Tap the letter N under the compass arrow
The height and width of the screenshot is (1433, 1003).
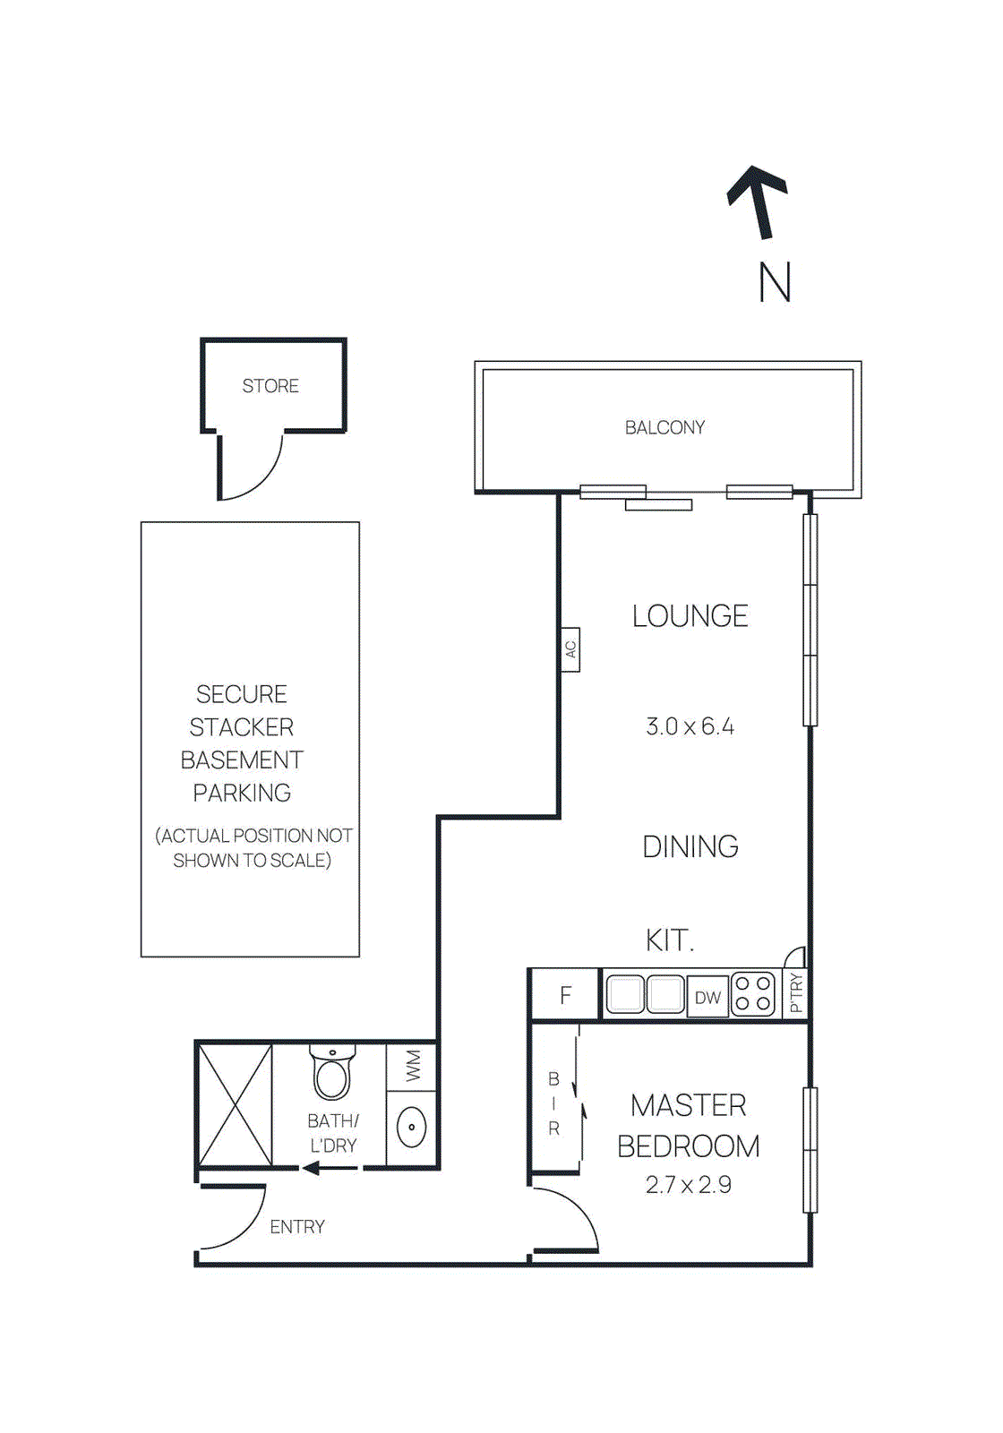(775, 283)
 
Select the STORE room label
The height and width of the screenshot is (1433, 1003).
(270, 386)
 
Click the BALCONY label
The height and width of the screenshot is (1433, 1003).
(664, 428)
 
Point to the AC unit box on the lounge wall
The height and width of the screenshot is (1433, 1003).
(570, 649)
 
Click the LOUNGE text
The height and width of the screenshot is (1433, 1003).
(690, 616)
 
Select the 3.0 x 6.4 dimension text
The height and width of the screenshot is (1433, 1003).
(690, 726)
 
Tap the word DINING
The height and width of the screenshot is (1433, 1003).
(690, 846)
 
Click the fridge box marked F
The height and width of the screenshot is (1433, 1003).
(565, 995)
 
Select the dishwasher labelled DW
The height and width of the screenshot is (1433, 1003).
(707, 997)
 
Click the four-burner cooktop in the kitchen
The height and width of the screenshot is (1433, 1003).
(753, 994)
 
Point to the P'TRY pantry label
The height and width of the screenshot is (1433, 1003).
(796, 993)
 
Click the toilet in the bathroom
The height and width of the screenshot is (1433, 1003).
(331, 1073)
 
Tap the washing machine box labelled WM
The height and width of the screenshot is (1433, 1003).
(412, 1067)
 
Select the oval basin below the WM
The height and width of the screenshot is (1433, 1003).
(411, 1128)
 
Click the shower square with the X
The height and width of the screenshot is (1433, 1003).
(235, 1104)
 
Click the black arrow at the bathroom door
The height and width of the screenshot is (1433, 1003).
(329, 1168)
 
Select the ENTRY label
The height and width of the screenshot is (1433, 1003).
(297, 1227)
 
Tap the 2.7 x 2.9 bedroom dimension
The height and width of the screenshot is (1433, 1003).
(688, 1185)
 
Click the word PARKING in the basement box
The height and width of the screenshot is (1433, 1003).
(242, 793)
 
